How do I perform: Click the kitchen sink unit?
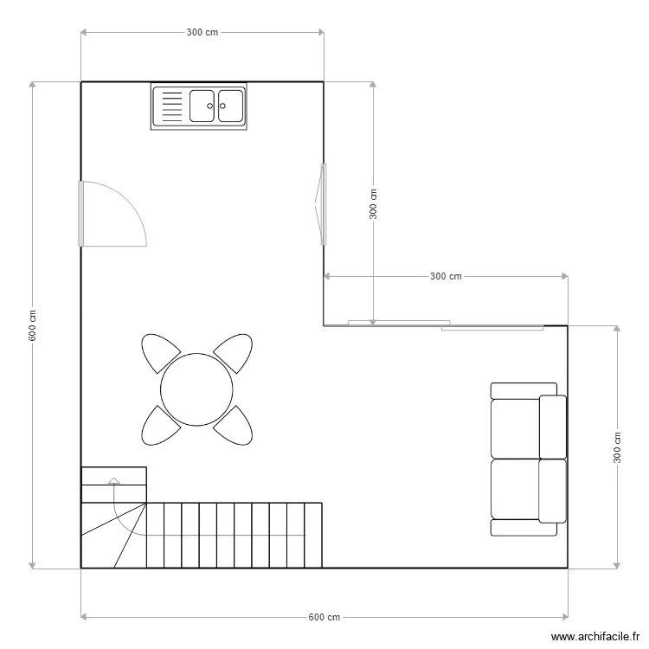(199, 106)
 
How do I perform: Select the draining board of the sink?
(170, 106)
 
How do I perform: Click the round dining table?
(197, 389)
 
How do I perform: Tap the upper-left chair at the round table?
(160, 352)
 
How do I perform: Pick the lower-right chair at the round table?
(234, 424)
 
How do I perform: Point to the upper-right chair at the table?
(234, 352)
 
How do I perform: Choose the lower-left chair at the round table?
(160, 424)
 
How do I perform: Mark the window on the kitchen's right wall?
(323, 204)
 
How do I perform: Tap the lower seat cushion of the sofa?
(516, 489)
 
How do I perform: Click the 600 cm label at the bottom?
(324, 617)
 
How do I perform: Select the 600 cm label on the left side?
(32, 325)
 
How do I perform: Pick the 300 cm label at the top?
(202, 33)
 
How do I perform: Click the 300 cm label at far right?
(618, 447)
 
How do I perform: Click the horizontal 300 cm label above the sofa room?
(446, 277)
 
